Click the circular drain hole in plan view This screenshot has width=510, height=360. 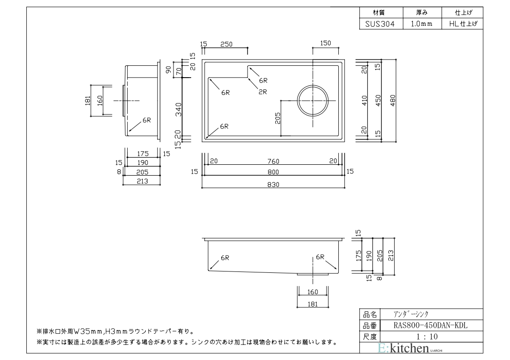click(x=312, y=100)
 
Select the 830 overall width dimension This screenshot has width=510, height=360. click(x=272, y=184)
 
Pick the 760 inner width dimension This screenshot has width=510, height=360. click(x=273, y=161)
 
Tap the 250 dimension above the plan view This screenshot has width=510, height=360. click(x=226, y=44)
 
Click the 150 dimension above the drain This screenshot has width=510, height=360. click(x=325, y=44)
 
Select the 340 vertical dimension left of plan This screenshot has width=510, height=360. click(x=179, y=108)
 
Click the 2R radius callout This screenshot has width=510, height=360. click(x=263, y=91)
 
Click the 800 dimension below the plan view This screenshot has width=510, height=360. click(x=273, y=172)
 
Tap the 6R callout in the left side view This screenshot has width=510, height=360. click(x=146, y=120)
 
